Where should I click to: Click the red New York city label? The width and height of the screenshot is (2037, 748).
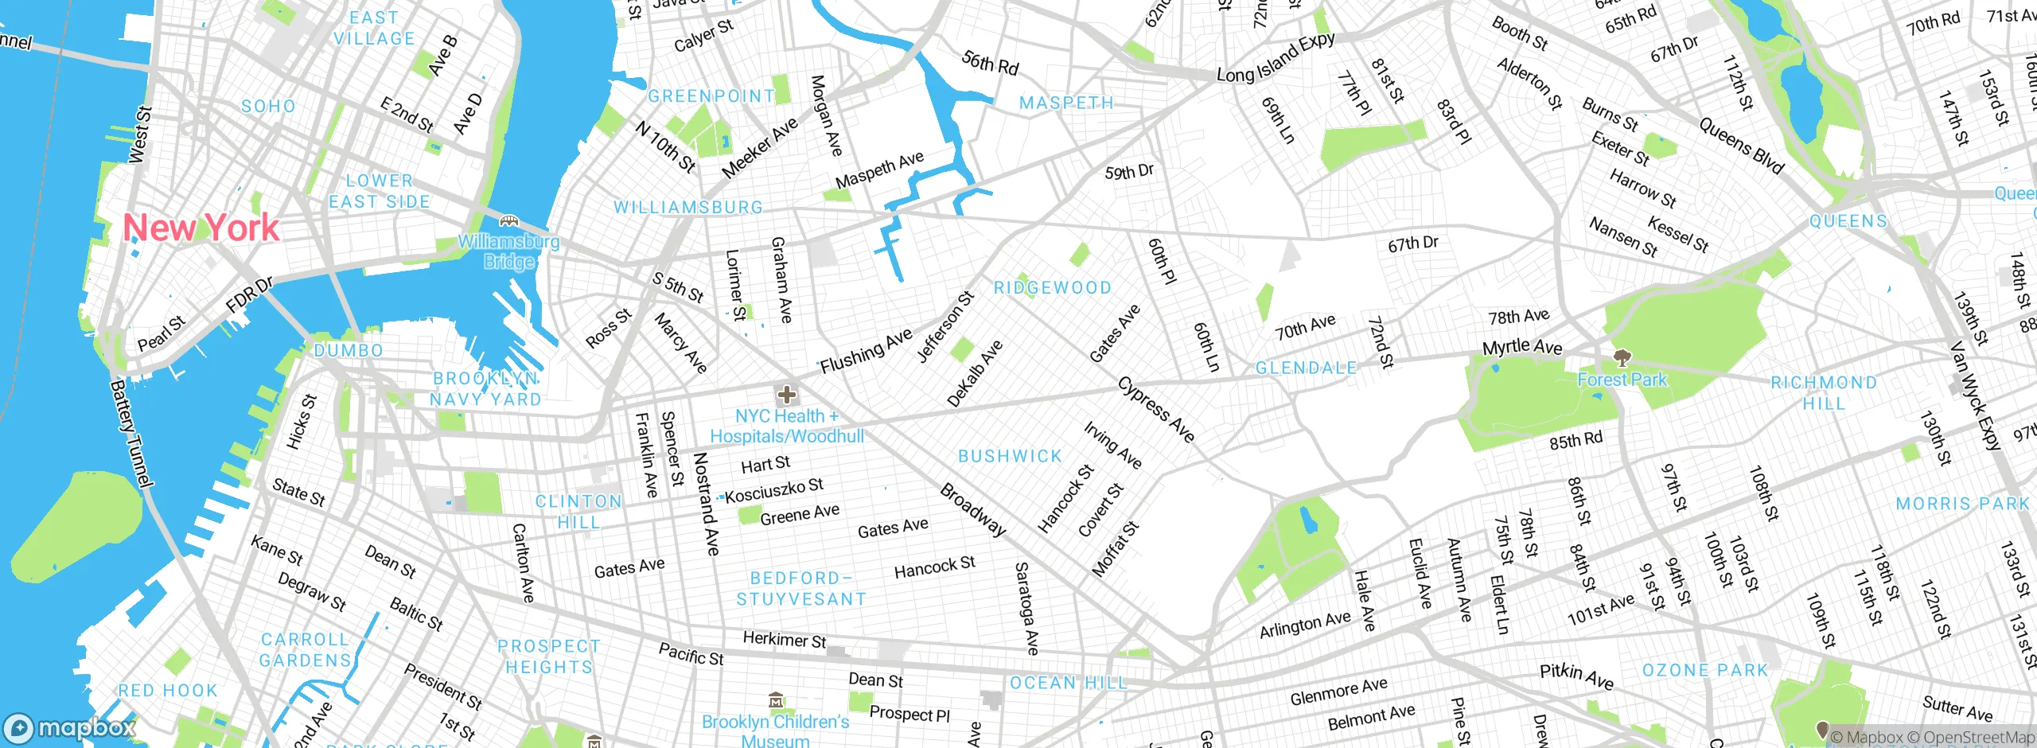pyautogui.click(x=201, y=228)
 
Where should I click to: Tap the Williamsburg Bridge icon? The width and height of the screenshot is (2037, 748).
pyautogui.click(x=509, y=220)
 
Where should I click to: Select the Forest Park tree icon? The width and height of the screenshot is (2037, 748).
pyautogui.click(x=1621, y=357)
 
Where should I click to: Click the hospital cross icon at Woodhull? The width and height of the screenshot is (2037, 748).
pyautogui.click(x=787, y=395)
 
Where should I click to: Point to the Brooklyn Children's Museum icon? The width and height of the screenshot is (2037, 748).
pyautogui.click(x=777, y=701)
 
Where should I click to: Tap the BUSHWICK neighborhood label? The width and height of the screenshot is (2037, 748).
pyautogui.click(x=1010, y=457)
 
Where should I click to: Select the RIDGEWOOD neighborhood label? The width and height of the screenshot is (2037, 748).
pyautogui.click(x=1052, y=288)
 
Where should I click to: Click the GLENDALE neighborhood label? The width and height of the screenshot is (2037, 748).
pyautogui.click(x=1306, y=368)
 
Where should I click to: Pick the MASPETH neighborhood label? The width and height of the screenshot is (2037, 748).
pyautogui.click(x=1066, y=103)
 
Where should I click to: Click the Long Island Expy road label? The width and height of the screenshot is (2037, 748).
pyautogui.click(x=1276, y=59)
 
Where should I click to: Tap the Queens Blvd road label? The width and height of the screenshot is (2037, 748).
pyautogui.click(x=1741, y=146)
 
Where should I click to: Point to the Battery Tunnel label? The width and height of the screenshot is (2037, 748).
pyautogui.click(x=130, y=434)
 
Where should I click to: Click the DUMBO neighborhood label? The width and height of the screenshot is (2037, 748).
pyautogui.click(x=349, y=351)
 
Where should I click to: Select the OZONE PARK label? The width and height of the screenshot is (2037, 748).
pyautogui.click(x=1704, y=671)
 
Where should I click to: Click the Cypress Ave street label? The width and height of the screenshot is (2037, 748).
pyautogui.click(x=1156, y=409)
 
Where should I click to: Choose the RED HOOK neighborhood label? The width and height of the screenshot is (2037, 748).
pyautogui.click(x=167, y=691)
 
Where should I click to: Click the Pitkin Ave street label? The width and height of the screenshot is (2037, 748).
pyautogui.click(x=1576, y=676)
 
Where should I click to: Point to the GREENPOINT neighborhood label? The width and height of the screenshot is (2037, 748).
pyautogui.click(x=711, y=96)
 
